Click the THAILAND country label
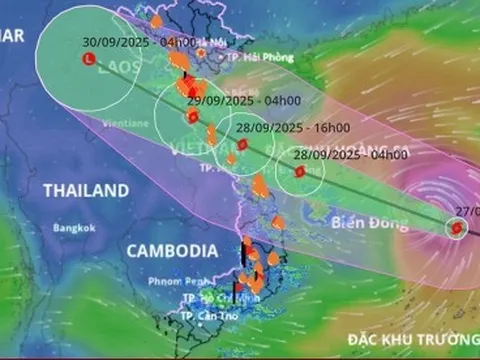(x=85, y=190)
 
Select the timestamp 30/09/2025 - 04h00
(x=140, y=43)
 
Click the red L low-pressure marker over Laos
(x=87, y=60)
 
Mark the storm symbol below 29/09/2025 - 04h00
(x=193, y=117)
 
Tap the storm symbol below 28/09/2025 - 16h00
(x=242, y=145)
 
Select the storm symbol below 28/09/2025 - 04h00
(x=298, y=171)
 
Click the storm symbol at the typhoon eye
(x=456, y=229)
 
